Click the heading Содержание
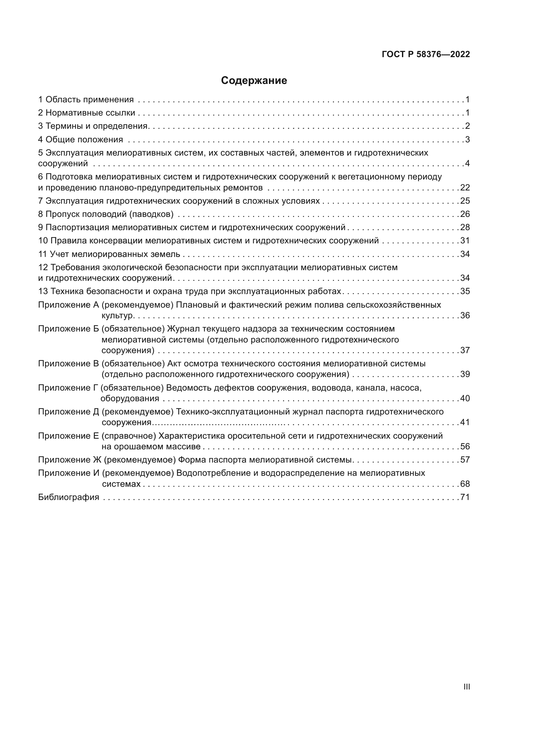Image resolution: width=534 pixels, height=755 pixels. (254, 81)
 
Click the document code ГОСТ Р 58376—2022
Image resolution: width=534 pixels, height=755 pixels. (426, 54)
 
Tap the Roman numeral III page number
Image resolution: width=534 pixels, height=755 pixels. (466, 687)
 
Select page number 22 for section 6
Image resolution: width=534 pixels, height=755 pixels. (465, 188)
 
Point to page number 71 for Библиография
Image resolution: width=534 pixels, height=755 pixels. (465, 497)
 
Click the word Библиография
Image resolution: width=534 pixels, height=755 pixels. (69, 497)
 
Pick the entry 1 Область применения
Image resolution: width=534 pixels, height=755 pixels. (86, 99)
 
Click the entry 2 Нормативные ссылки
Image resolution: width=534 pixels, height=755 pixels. (87, 113)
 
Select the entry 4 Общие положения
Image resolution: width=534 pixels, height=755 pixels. (81, 139)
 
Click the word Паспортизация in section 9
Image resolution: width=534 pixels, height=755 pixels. (77, 227)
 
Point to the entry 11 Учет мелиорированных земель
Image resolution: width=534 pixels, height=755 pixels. (109, 254)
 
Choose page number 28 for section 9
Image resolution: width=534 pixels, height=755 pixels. (465, 227)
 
